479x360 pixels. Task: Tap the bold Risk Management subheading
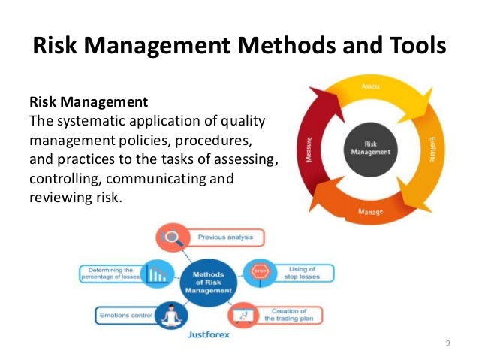(x=89, y=101)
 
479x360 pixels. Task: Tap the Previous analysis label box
(x=224, y=237)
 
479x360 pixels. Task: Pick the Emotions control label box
(x=125, y=315)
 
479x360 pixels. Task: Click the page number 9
(x=447, y=343)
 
